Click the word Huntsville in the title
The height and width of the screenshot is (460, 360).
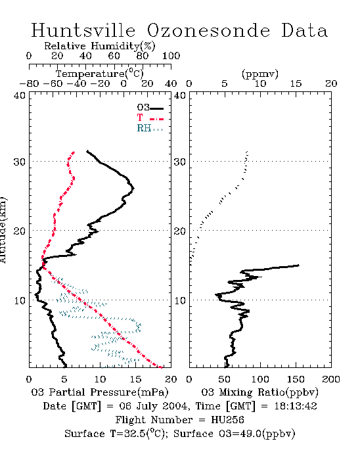click(83, 30)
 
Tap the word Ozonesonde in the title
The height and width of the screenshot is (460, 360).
click(208, 30)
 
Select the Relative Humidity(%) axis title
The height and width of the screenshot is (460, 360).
click(100, 46)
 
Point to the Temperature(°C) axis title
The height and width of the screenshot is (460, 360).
click(100, 74)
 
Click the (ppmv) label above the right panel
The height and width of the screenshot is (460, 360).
click(260, 74)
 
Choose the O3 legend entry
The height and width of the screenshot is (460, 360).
click(150, 108)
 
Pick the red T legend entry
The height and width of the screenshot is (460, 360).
click(150, 118)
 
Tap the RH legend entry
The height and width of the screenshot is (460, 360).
click(150, 128)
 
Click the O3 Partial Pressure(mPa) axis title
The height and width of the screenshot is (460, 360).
click(100, 392)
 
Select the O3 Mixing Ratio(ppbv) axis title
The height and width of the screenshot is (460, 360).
click(259, 392)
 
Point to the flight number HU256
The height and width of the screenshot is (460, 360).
click(227, 420)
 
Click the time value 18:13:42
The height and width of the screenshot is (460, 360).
click(296, 406)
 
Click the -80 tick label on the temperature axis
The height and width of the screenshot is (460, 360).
click(29, 84)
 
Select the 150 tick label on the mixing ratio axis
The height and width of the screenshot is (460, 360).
click(296, 379)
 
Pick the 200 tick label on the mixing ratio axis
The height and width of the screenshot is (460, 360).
click(331, 379)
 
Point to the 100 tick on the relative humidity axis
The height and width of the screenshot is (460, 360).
click(171, 56)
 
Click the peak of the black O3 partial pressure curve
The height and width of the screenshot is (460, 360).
click(133, 189)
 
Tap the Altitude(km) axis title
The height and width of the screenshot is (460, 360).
click(3, 230)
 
